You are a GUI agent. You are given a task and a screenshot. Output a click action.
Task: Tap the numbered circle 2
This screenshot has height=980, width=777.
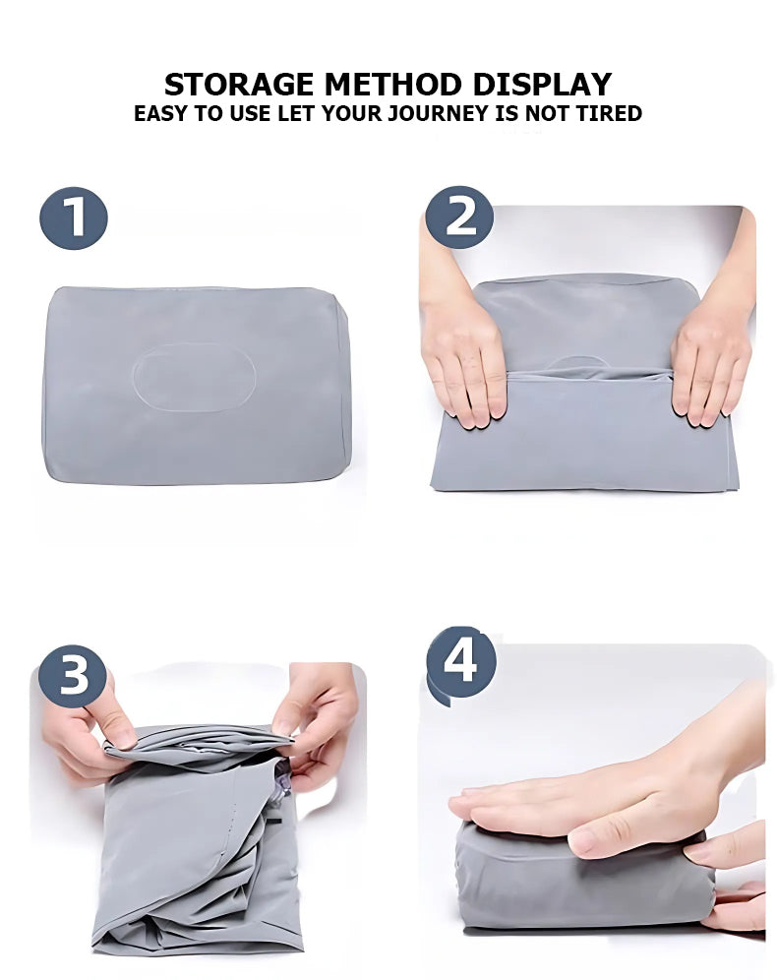click(x=458, y=216)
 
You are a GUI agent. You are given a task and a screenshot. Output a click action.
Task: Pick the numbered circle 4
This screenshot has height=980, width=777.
click(x=460, y=662)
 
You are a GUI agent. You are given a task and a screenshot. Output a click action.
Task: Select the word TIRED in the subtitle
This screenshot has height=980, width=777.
click(x=607, y=113)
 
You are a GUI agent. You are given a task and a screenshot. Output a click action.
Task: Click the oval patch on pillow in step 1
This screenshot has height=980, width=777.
click(x=194, y=377)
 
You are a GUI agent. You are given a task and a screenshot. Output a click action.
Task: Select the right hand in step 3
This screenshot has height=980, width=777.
click(x=320, y=718)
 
